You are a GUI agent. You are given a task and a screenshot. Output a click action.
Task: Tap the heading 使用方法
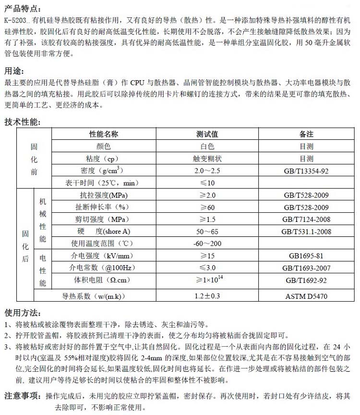[22, 313]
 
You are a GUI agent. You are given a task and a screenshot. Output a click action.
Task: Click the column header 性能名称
[104, 134]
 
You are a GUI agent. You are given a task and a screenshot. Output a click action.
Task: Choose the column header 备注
[306, 134]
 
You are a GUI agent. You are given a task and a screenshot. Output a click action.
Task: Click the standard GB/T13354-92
[306, 171]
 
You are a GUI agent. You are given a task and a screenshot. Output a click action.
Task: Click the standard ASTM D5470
[306, 296]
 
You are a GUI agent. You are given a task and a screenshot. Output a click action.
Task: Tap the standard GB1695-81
[306, 256]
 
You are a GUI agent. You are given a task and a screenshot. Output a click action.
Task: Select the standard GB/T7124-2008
[306, 220]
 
